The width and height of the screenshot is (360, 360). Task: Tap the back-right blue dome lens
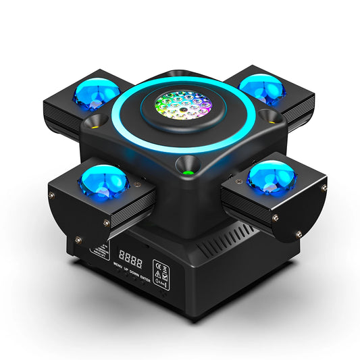tap(262, 88)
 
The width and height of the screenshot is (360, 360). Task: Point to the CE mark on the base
tap(159, 264)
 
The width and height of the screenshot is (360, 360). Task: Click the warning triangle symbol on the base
tap(159, 274)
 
